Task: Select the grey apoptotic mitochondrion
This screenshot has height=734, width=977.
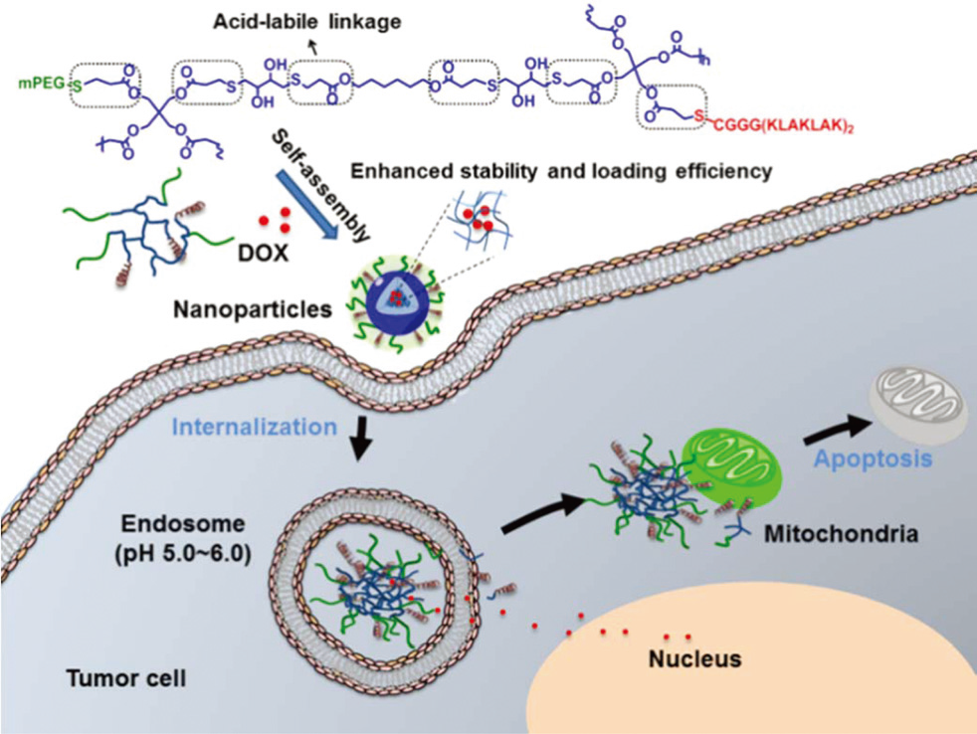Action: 916,402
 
